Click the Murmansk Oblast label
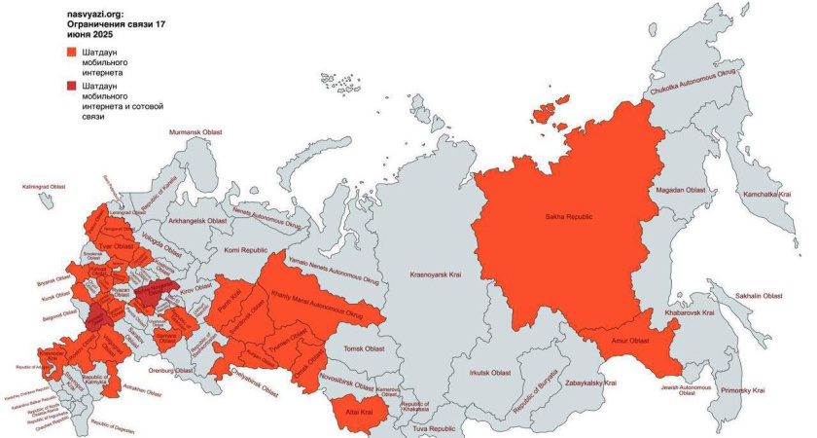click(x=197, y=131)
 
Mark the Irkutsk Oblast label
click(x=488, y=372)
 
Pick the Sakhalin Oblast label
click(x=759, y=295)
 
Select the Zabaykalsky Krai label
click(x=584, y=383)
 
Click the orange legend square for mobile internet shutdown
click(x=71, y=52)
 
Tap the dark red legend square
click(x=71, y=86)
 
